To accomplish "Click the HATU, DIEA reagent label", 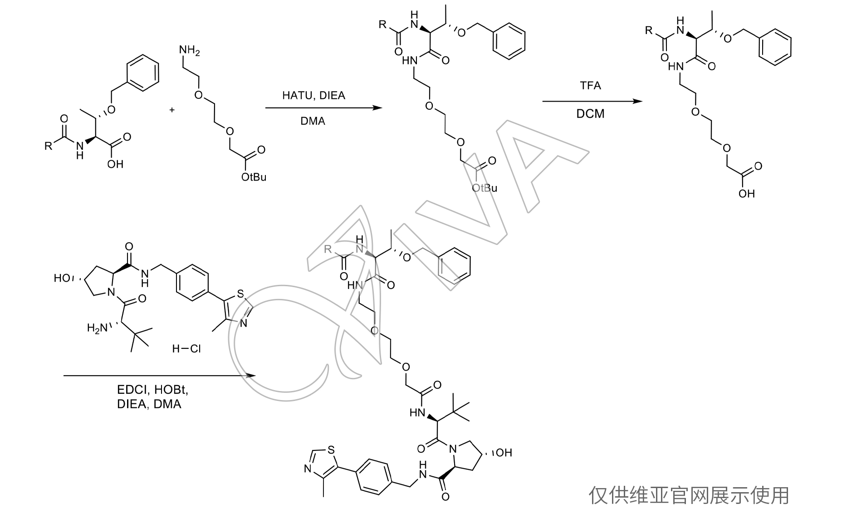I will pyautogui.click(x=313, y=96).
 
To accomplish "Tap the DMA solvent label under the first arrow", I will pyautogui.click(x=313, y=121).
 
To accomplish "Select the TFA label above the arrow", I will pyautogui.click(x=590, y=86).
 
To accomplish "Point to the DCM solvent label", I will pyautogui.click(x=590, y=113).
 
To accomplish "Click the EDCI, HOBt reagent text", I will pyautogui.click(x=152, y=390).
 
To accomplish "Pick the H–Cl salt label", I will pyautogui.click(x=186, y=349).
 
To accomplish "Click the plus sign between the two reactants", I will pyautogui.click(x=172, y=110).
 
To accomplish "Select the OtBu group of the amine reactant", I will pyautogui.click(x=254, y=177).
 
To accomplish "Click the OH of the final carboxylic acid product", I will pyautogui.click(x=746, y=194).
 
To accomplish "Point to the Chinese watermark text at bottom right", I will pyautogui.click(x=689, y=495).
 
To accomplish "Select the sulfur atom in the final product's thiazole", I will pyautogui.click(x=331, y=450).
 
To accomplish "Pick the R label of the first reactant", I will pyautogui.click(x=48, y=146).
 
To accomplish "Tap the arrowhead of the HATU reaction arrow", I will pyautogui.click(x=378, y=108).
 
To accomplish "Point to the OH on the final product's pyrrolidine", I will pyautogui.click(x=504, y=452).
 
